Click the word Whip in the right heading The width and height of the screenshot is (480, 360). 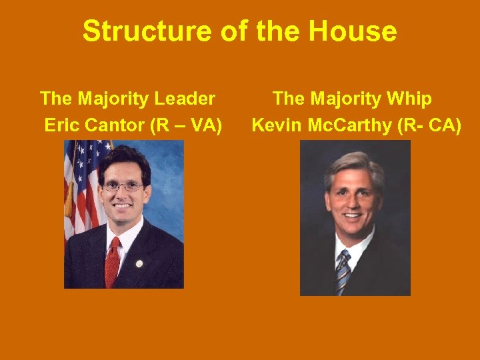(411, 99)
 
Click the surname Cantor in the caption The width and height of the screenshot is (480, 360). (116, 125)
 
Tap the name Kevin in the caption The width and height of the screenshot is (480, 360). (275, 125)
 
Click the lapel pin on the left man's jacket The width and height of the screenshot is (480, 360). (139, 263)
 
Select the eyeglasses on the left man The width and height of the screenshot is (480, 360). (123, 187)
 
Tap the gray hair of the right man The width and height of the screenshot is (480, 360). (353, 163)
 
